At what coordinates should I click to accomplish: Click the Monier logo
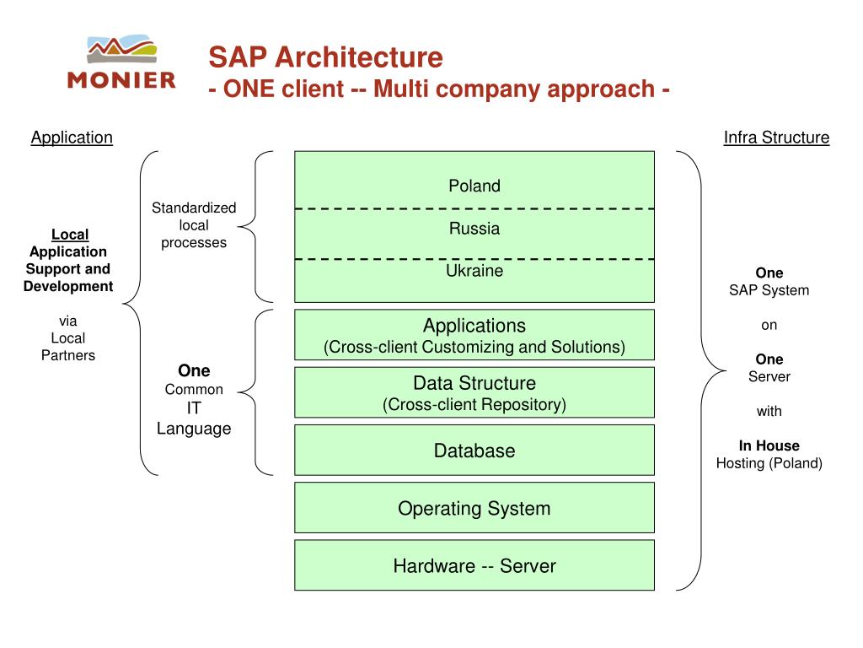[x=121, y=61]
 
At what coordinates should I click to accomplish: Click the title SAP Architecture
[x=325, y=57]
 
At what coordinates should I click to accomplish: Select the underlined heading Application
[x=72, y=138]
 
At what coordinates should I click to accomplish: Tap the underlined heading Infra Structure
[x=776, y=138]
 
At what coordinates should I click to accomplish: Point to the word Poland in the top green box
[x=474, y=186]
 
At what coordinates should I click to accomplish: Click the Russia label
[x=474, y=228]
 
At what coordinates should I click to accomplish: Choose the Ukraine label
[x=474, y=271]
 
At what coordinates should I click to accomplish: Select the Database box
[x=474, y=451]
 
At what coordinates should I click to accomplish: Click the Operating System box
[x=474, y=507]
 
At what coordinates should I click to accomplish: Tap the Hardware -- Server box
[x=474, y=565]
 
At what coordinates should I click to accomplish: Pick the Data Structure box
[x=474, y=392]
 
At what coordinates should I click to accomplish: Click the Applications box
[x=474, y=335]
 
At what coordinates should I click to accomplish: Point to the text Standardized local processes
[x=194, y=224]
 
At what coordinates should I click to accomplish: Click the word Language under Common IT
[x=194, y=429]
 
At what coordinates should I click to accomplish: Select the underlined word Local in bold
[x=70, y=235]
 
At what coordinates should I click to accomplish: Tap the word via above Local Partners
[x=68, y=321]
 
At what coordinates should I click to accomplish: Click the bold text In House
[x=769, y=445]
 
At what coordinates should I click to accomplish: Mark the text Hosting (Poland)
[x=769, y=463]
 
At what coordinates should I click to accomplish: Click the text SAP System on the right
[x=769, y=290]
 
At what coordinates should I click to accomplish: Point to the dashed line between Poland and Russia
[x=474, y=209]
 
